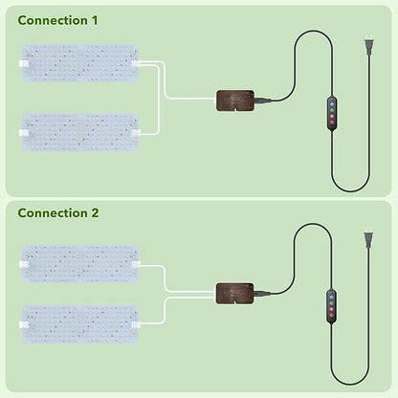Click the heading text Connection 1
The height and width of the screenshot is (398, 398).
click(57, 20)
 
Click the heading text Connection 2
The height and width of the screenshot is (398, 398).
click(58, 213)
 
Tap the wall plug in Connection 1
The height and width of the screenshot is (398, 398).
click(369, 47)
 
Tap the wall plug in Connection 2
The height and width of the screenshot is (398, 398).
click(369, 240)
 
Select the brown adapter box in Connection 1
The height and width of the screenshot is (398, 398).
click(235, 100)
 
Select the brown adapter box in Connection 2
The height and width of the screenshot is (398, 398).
click(235, 294)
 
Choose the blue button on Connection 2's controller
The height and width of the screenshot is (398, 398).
click(331, 297)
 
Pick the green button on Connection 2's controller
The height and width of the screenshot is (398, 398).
click(331, 303)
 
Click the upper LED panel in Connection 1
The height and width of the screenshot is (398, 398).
click(80, 63)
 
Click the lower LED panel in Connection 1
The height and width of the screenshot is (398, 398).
click(80, 132)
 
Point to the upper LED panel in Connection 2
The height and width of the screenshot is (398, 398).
click(80, 264)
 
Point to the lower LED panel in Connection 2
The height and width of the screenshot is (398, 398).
click(80, 324)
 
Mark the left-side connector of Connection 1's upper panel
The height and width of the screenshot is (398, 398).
click(24, 63)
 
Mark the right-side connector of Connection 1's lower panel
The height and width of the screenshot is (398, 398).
click(136, 133)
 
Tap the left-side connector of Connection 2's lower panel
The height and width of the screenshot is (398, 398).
click(24, 325)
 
